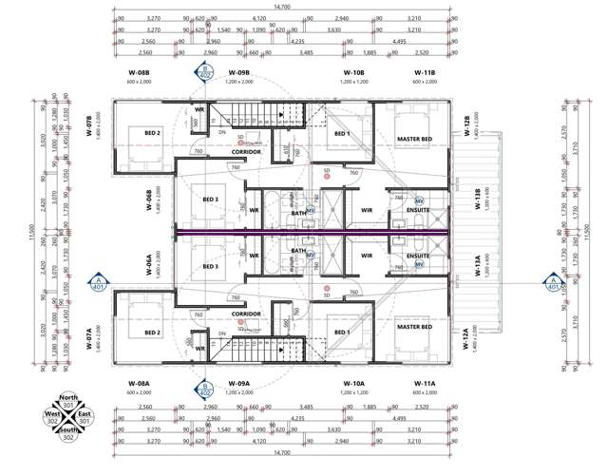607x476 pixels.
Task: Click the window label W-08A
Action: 138,384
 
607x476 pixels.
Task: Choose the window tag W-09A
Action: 238,384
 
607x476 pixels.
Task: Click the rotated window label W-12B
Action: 466,124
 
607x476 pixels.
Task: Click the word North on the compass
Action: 67,398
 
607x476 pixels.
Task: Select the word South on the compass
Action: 67,431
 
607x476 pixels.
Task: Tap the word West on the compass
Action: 49,415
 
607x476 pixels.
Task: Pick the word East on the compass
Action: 85,415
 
